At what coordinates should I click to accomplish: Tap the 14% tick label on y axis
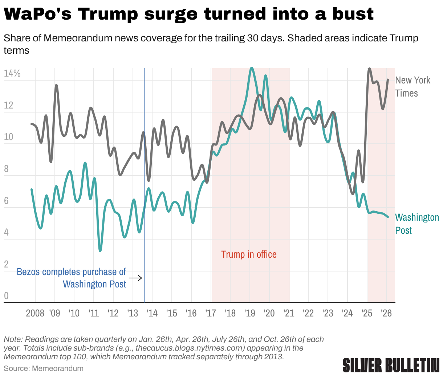[x=12, y=74]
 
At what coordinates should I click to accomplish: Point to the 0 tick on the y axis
[x=6, y=296]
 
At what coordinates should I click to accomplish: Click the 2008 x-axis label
[x=35, y=313]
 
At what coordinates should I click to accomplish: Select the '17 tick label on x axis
[x=211, y=313]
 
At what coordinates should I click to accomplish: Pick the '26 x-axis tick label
[x=386, y=313]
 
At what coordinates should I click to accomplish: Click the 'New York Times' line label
[x=412, y=87]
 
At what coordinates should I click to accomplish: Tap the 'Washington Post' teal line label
[x=417, y=224]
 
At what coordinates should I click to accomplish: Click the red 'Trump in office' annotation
[x=249, y=254]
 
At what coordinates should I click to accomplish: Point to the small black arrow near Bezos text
[x=136, y=278]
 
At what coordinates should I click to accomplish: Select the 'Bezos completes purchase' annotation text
[x=71, y=278]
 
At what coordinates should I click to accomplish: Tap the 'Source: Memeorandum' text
[x=44, y=368]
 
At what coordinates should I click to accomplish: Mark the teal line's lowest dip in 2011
[x=100, y=250]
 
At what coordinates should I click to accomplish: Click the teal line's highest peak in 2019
[x=252, y=68]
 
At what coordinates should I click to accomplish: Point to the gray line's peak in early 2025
[x=369, y=69]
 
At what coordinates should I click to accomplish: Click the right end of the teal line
[x=388, y=217]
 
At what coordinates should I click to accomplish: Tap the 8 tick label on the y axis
[x=6, y=169]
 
